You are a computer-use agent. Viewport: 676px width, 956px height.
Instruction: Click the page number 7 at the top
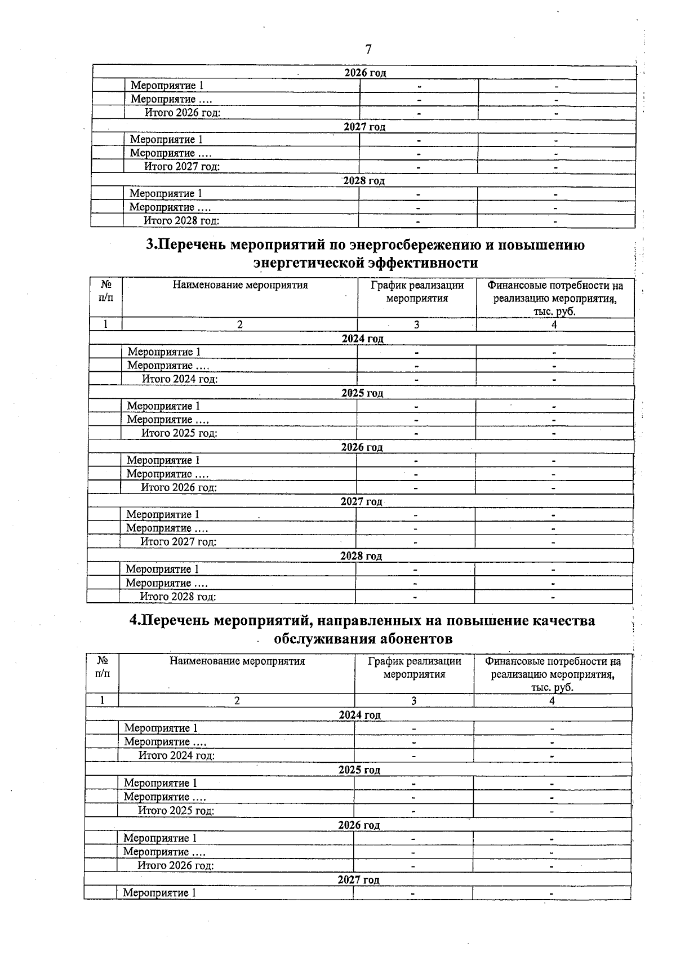(x=368, y=50)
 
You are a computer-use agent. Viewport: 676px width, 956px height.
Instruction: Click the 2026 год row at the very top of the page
(x=365, y=73)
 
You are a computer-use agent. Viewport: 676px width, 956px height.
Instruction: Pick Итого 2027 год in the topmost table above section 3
(x=182, y=167)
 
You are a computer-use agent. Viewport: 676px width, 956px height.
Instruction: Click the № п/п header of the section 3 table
(x=106, y=291)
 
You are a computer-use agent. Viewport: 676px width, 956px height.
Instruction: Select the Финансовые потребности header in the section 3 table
(x=555, y=299)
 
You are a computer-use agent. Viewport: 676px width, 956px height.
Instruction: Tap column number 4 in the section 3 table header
(x=554, y=325)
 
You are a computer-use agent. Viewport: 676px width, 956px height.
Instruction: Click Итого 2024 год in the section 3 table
(x=180, y=379)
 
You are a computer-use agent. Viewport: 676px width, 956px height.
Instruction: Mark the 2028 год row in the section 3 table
(x=361, y=556)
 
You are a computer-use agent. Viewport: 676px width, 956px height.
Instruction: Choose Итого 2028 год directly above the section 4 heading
(x=178, y=597)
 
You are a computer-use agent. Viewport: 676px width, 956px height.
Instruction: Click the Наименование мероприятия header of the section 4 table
(x=237, y=661)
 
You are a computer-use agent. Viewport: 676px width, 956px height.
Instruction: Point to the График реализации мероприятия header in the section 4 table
(x=414, y=668)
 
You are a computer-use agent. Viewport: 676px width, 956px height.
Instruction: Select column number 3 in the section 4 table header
(x=414, y=701)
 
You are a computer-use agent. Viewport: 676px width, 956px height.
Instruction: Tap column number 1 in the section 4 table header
(x=102, y=701)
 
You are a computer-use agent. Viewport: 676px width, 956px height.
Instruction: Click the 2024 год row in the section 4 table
(x=359, y=715)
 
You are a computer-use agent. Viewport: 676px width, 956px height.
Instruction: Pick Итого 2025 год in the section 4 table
(x=176, y=811)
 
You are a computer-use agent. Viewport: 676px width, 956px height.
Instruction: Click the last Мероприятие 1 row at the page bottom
(x=160, y=893)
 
